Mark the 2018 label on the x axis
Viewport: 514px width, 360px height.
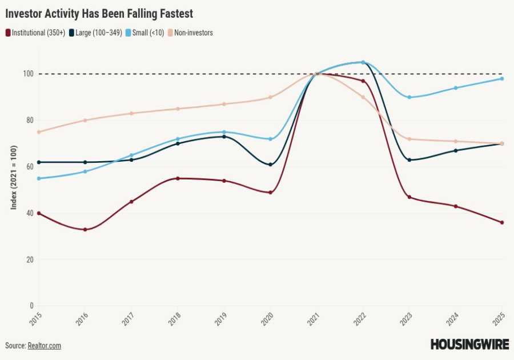point(174,319)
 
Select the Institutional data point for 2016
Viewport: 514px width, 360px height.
point(85,230)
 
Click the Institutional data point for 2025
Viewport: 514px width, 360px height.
point(502,222)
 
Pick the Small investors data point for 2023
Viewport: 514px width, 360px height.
point(409,97)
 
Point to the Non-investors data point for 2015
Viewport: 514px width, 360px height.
point(39,132)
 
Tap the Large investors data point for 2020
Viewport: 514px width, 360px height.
point(270,165)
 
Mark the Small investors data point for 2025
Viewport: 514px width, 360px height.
point(502,78)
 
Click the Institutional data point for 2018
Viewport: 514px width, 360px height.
point(178,178)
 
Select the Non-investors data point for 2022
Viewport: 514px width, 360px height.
point(363,97)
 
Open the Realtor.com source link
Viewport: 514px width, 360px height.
point(44,346)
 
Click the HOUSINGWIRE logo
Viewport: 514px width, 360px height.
point(469,345)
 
